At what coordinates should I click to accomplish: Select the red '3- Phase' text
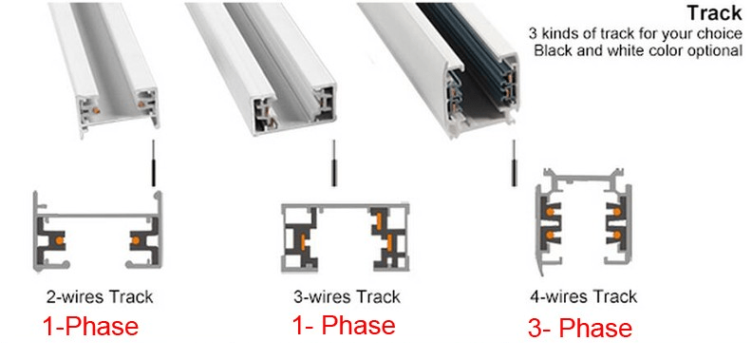tap(579, 329)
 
